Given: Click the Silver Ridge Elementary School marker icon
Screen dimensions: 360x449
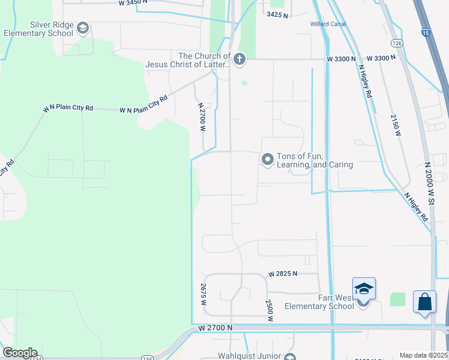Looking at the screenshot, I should pos(83,28).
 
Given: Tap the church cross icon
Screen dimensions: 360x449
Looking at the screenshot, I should pos(239,58).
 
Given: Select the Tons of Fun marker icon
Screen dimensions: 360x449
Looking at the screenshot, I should pos(267,160).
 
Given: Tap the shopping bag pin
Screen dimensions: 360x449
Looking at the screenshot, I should pos(424,302).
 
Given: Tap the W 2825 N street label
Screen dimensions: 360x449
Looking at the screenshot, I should pos(283,274).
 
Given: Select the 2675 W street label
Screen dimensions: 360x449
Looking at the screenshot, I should pos(204,296).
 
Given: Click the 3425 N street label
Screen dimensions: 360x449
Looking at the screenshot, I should pos(277,14).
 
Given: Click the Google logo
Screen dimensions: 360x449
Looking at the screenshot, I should pos(20,353).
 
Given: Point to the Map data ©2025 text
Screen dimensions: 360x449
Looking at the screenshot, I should pos(423,355).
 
